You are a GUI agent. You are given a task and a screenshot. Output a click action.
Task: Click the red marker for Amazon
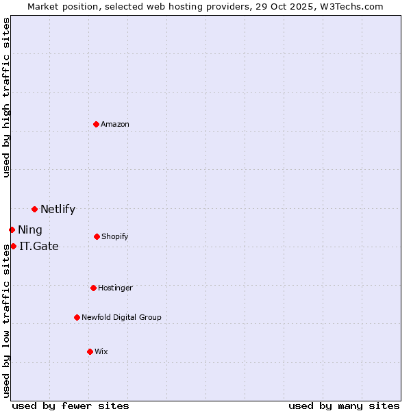point(97,124)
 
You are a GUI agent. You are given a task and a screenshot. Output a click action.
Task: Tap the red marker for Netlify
point(34,209)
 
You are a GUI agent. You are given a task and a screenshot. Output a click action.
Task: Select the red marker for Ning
point(12,229)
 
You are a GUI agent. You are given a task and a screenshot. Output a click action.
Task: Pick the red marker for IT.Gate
point(13,246)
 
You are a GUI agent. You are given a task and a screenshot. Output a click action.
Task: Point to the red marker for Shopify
point(97,236)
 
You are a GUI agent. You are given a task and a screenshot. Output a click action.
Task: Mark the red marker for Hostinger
point(93,288)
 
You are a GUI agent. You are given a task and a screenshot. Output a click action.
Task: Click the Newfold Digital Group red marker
point(77,317)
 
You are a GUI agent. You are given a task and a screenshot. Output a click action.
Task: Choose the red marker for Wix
point(90,351)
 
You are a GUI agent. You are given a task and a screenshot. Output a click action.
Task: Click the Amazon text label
point(115,124)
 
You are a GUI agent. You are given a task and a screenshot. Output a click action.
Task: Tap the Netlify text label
point(58,210)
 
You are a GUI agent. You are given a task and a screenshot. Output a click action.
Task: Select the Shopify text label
point(114,236)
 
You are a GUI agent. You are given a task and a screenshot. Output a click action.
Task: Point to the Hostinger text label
point(115,288)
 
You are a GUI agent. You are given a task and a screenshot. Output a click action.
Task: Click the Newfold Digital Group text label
point(121,317)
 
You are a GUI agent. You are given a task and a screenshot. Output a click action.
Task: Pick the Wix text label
point(101,351)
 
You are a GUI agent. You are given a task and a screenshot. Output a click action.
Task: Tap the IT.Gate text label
point(39,246)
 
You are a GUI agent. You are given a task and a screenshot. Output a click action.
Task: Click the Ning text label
point(30,230)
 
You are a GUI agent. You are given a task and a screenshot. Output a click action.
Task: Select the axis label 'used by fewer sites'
point(71,406)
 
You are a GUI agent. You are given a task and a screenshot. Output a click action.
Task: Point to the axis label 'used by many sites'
point(344,406)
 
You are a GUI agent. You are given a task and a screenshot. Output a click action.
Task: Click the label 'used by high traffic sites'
point(6,97)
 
